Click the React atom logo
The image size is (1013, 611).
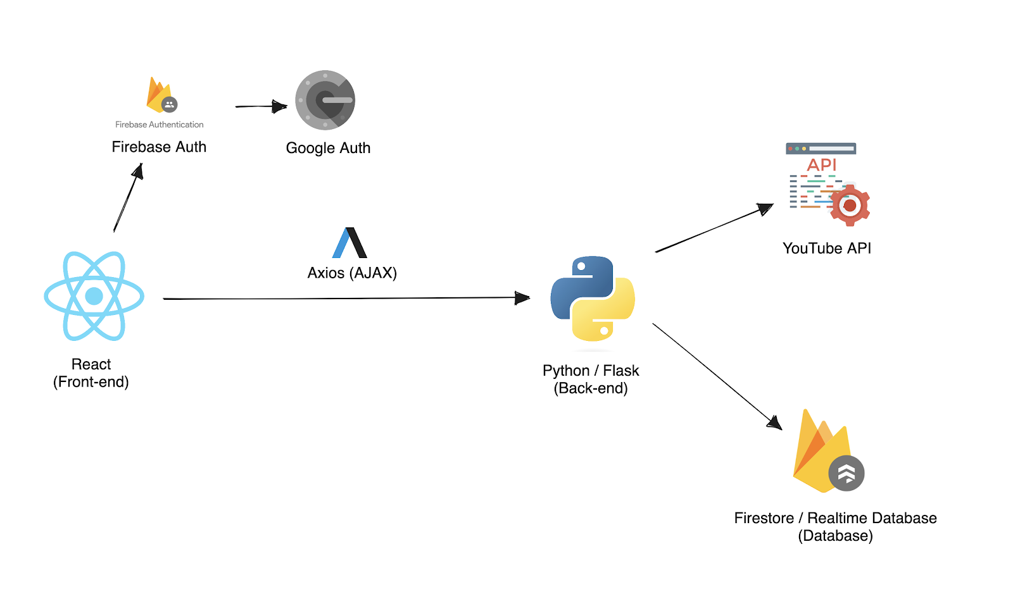click(x=94, y=296)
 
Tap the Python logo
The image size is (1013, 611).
click(x=593, y=299)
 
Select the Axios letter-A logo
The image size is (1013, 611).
click(x=350, y=243)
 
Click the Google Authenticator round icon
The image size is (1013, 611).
click(x=325, y=101)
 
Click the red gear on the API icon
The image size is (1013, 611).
click(x=850, y=205)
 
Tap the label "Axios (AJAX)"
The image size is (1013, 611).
click(x=352, y=273)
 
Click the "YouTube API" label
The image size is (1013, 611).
click(x=827, y=249)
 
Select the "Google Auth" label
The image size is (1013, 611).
click(x=328, y=148)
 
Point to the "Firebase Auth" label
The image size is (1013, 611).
click(x=159, y=147)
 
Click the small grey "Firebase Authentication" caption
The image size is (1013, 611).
click(x=160, y=125)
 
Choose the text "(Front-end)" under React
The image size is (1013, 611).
click(x=91, y=382)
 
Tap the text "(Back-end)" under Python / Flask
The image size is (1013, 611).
click(x=591, y=388)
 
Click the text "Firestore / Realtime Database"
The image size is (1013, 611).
click(x=835, y=518)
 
